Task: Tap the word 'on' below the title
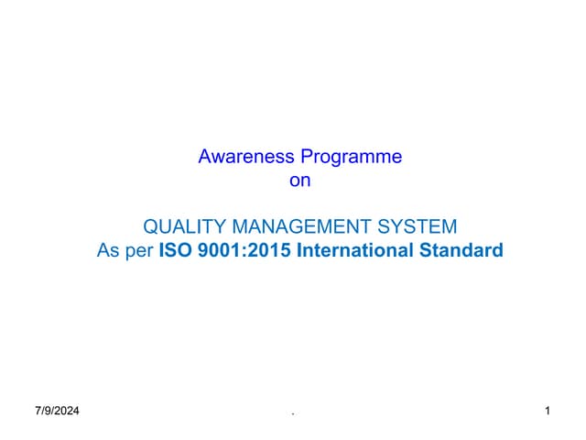click(x=300, y=181)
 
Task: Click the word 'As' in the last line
click(x=108, y=250)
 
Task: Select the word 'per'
click(x=138, y=250)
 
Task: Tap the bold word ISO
click(x=176, y=250)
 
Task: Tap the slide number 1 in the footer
click(x=547, y=412)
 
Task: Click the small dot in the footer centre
click(x=293, y=414)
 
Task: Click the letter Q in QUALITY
click(x=153, y=226)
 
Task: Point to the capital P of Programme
click(x=309, y=157)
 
